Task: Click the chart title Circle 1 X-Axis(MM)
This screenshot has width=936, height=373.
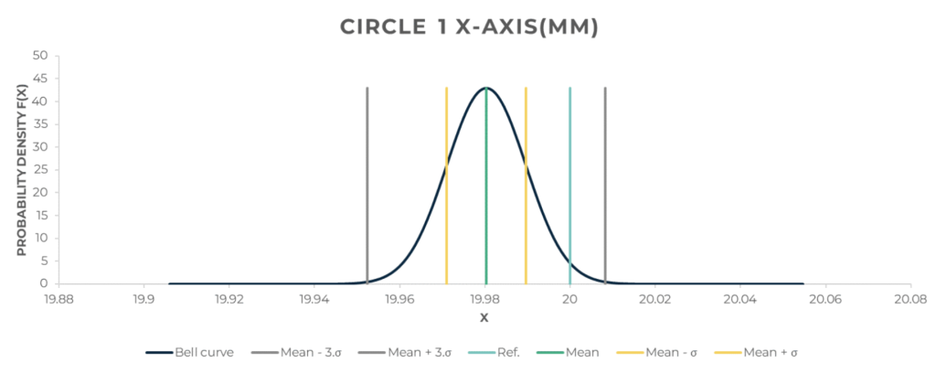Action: (x=469, y=27)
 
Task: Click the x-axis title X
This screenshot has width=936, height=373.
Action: (x=484, y=318)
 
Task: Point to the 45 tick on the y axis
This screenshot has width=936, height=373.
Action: (x=40, y=78)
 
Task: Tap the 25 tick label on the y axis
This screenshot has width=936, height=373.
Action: (x=40, y=169)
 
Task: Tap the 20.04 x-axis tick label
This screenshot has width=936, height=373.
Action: (x=739, y=298)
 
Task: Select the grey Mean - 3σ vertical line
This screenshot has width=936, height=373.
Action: (x=367, y=183)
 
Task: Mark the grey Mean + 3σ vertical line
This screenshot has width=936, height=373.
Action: (x=605, y=183)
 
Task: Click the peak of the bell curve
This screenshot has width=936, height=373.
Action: (x=485, y=88)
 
